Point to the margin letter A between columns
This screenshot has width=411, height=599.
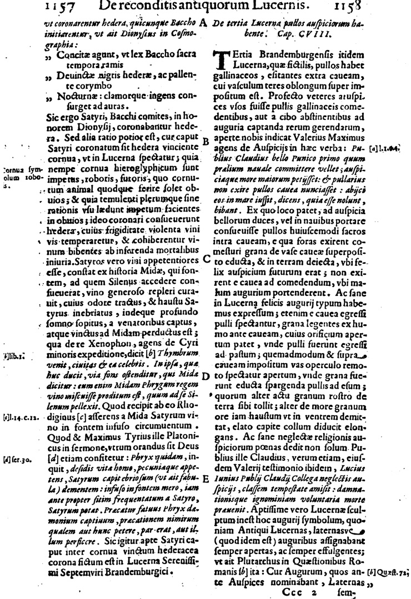(x=204, y=23)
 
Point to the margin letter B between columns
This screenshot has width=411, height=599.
(x=204, y=142)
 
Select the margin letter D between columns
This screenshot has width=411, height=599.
(x=204, y=376)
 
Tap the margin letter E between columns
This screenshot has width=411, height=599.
(x=204, y=494)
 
